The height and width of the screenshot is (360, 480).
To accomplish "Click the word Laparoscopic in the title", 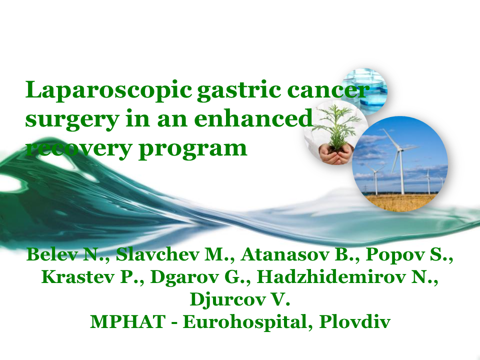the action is click(x=108, y=90).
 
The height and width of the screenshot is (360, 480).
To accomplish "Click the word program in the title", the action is click(x=193, y=149).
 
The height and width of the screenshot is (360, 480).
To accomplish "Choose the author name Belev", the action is click(x=51, y=254).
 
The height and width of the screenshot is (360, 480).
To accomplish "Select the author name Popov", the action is click(x=395, y=255).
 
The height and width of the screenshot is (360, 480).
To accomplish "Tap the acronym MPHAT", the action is click(x=127, y=321).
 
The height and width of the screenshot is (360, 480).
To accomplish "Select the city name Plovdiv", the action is click(x=355, y=321).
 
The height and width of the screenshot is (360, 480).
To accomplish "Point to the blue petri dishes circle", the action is click(x=364, y=91).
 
